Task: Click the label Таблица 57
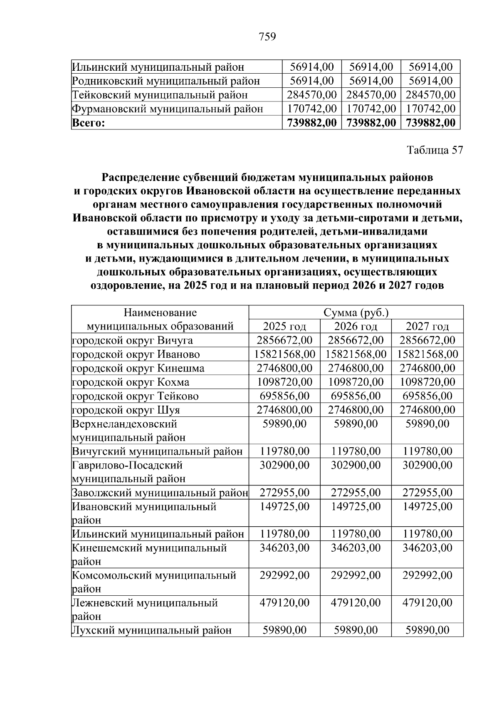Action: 435,150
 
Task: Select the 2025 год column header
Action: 284,326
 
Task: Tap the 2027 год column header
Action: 427,326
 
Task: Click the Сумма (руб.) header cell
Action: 356,312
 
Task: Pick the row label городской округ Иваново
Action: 136,354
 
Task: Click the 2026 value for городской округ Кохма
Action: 356,382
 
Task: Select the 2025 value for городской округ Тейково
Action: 284,396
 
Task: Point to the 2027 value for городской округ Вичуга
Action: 427,340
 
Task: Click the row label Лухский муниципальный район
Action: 152,630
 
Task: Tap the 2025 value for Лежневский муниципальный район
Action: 284,603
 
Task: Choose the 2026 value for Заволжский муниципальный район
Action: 356,493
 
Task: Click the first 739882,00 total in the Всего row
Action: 311,123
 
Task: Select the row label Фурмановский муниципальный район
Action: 168,109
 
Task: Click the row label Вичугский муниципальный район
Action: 157,451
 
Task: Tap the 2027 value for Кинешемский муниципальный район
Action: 427,548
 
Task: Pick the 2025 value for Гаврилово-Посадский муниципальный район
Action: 284,465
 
